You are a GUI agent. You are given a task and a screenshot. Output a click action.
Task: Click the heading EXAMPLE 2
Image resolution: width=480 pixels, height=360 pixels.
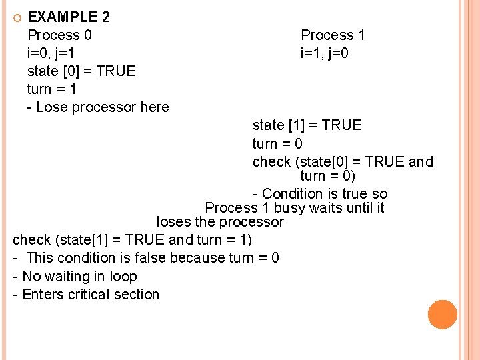click(x=69, y=17)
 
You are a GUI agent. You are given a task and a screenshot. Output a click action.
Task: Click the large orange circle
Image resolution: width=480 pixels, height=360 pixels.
click(x=442, y=315)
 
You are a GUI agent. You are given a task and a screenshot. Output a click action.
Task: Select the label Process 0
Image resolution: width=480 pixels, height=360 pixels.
click(x=59, y=35)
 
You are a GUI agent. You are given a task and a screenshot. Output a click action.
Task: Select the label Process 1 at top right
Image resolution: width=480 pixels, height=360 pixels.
click(x=333, y=35)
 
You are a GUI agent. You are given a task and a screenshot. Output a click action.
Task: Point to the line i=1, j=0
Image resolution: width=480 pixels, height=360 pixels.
click(x=324, y=53)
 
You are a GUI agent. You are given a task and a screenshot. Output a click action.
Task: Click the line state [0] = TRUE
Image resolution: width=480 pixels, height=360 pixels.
click(x=81, y=71)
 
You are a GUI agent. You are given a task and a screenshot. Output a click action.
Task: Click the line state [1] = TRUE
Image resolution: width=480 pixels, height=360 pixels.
click(x=307, y=125)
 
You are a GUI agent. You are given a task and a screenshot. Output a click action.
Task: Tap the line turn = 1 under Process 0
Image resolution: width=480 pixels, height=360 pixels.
click(x=53, y=89)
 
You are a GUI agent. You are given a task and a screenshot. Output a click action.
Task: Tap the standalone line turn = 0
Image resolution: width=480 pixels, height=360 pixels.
click(x=277, y=143)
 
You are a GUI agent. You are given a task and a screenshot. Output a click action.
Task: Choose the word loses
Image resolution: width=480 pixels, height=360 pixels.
click(x=175, y=222)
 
